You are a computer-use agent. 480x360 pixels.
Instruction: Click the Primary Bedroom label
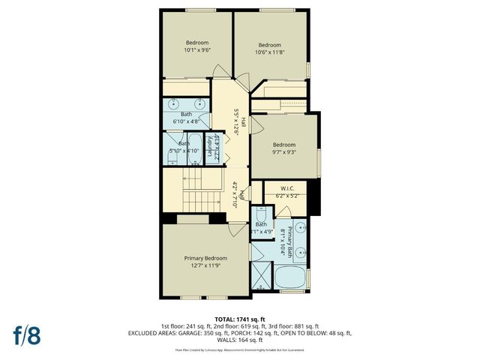coord(205,257)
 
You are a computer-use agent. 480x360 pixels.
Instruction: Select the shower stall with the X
coord(260,274)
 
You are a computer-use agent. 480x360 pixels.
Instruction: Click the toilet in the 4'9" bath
coord(259,213)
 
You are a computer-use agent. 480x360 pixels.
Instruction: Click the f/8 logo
coord(26,334)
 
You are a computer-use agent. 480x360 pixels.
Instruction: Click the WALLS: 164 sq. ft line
coord(239,340)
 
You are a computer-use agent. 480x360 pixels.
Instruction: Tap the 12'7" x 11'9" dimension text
coord(205,265)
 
